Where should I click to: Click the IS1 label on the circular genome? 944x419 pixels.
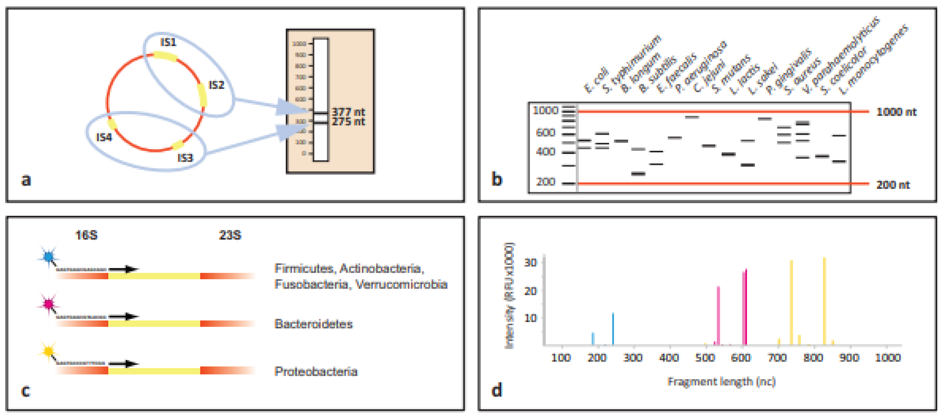click(168, 43)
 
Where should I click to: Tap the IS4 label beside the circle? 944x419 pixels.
click(104, 138)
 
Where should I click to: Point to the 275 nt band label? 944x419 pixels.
click(348, 122)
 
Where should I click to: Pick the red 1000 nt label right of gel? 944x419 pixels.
click(896, 112)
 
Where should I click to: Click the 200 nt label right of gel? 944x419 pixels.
click(893, 185)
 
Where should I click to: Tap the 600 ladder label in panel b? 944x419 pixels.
click(545, 132)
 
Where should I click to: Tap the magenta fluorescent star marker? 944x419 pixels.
click(48, 304)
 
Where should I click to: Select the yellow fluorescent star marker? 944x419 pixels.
click(48, 351)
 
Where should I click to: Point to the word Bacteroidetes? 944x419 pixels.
click(313, 324)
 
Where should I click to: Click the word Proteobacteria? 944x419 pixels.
click(316, 372)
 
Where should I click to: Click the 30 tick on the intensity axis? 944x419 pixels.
click(530, 263)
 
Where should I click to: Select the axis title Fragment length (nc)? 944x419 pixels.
click(721, 382)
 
